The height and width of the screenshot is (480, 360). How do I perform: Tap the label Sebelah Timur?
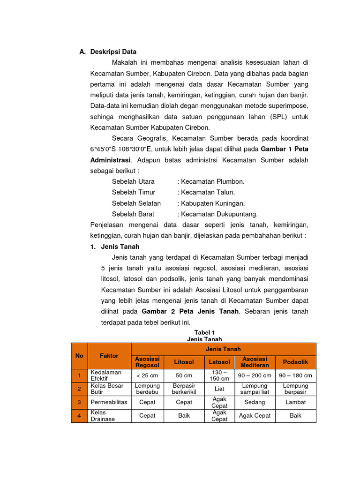134,192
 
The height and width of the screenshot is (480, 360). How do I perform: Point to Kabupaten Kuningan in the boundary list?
213,203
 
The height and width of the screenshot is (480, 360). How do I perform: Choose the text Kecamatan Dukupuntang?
219,214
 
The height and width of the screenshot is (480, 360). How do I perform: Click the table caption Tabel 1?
204,332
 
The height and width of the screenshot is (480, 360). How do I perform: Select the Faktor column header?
109,356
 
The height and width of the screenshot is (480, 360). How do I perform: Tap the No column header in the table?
79,356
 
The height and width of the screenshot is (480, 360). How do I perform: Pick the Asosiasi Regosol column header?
147,362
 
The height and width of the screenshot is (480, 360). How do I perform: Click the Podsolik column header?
295,362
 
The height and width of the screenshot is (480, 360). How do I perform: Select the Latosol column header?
219,362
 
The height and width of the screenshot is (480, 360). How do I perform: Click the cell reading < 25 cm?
147,375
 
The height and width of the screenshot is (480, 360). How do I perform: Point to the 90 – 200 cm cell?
255,375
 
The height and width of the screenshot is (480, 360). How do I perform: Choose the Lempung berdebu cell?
147,389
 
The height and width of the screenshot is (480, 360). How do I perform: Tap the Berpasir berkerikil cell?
184,389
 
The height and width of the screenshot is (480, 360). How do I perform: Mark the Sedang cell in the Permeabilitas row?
255,402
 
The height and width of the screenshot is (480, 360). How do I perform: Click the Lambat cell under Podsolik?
295,402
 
